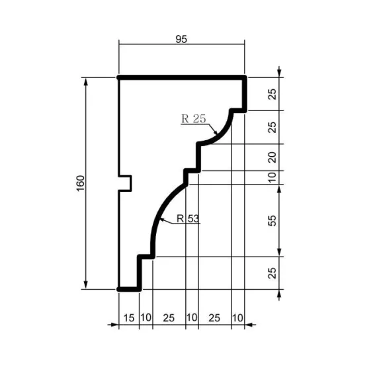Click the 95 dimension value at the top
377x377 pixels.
pyautogui.click(x=181, y=39)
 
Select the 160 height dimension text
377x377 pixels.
pyautogui.click(x=80, y=183)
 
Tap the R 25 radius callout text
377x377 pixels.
pyautogui.click(x=194, y=119)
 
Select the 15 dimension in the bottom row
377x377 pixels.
pyautogui.click(x=128, y=318)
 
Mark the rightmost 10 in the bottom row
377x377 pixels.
pyautogui.click(x=237, y=318)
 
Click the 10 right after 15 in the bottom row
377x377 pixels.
pyautogui.click(x=146, y=318)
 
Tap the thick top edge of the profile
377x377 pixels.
pyautogui.click(x=182, y=77)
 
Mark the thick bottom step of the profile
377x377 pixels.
pyautogui.click(x=130, y=289)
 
